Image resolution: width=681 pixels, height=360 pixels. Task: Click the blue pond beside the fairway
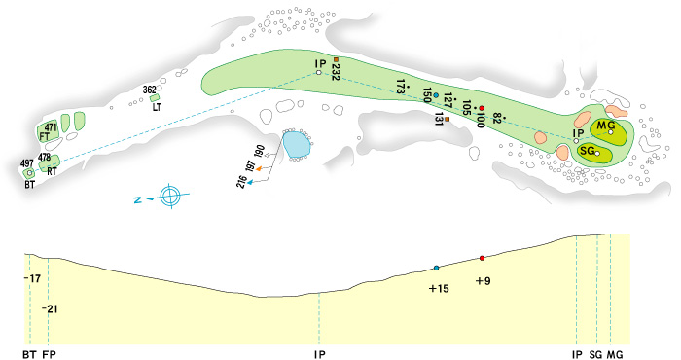[296, 145]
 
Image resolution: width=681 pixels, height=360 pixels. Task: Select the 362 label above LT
[149, 90]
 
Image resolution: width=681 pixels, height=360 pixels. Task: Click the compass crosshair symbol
[170, 196]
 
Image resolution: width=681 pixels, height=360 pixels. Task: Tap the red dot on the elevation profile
[482, 258]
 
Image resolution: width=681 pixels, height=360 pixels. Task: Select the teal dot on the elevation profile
[436, 268]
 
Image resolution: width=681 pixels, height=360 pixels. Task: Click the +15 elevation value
[439, 288]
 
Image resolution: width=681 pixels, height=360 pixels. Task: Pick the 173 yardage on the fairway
[401, 88]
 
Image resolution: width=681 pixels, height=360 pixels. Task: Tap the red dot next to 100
[481, 107]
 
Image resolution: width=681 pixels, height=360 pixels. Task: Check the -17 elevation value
[35, 279]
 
